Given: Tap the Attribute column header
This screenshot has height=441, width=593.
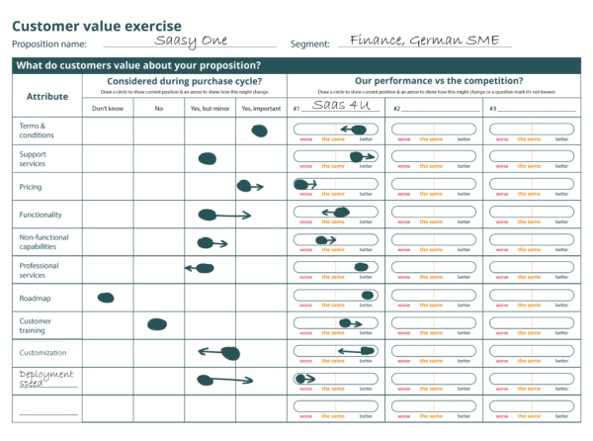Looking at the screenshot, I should pyautogui.click(x=47, y=96).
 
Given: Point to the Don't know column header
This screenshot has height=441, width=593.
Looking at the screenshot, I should pyautogui.click(x=108, y=107).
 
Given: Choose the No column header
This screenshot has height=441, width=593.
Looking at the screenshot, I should pyautogui.click(x=158, y=107).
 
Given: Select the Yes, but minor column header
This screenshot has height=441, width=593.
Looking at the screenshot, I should pyautogui.click(x=210, y=107).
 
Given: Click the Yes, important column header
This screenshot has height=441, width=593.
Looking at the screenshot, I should pyautogui.click(x=261, y=107).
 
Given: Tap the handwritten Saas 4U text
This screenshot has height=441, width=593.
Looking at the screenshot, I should pyautogui.click(x=339, y=105).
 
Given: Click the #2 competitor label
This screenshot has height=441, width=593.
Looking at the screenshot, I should pyautogui.click(x=396, y=108).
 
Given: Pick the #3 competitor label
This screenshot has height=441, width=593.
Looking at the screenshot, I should pyautogui.click(x=493, y=108).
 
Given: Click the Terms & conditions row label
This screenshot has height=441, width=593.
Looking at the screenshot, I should pyautogui.click(x=35, y=131).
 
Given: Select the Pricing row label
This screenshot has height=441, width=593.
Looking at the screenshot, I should pyautogui.click(x=31, y=186).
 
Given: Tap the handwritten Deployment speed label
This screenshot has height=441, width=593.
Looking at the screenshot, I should pyautogui.click(x=44, y=380).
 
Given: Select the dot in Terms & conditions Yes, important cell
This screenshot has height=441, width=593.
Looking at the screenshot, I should pyautogui.click(x=259, y=131).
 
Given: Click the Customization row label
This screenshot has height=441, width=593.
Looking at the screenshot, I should pyautogui.click(x=42, y=352).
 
